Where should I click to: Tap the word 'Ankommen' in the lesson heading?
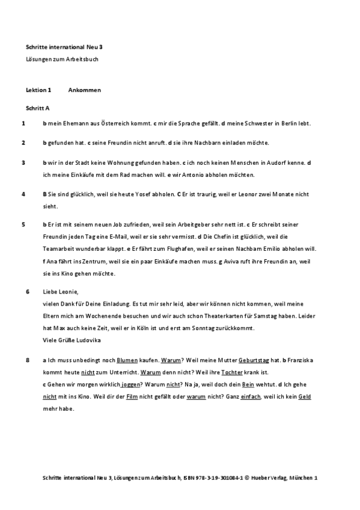coord(85,90)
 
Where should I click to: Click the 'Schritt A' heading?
coord(38,107)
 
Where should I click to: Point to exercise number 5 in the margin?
coord(23,224)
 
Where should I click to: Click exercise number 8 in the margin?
coord(28,360)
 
